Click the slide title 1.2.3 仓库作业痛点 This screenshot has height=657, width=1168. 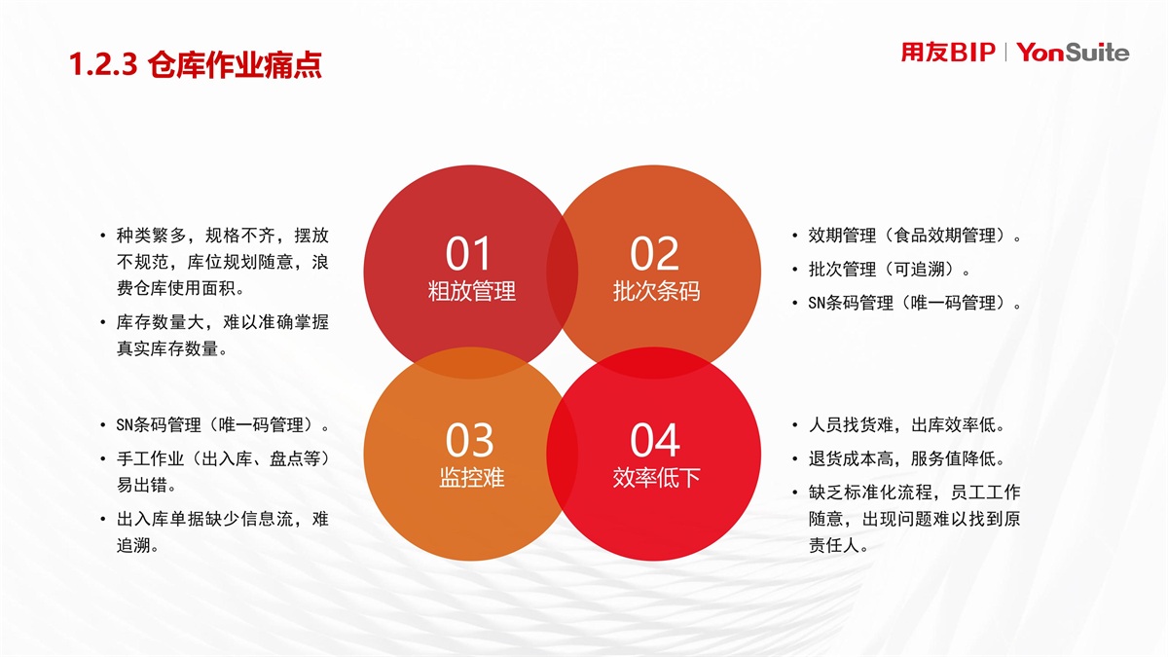pos(196,65)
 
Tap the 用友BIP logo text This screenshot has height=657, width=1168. pos(948,53)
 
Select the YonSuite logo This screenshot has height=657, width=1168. pos(1073,53)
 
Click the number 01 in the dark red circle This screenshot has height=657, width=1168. pos(468,254)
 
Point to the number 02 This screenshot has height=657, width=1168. pos(654,254)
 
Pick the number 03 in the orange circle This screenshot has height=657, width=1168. pos(469,440)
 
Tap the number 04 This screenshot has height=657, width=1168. pos(655,440)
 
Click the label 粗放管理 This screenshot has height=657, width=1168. pos(472,291)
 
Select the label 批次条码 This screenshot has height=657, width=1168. pos(656,291)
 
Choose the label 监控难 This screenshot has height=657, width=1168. pos(472,477)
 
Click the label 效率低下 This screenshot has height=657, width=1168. pos(656,477)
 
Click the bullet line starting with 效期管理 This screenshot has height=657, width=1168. pos(915,236)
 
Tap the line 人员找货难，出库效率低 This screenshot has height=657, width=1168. pos(906,425)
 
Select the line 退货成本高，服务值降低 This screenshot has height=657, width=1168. pos(906,458)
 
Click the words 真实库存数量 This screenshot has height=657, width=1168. pos(171,348)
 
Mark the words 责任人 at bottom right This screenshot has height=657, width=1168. pos(838,545)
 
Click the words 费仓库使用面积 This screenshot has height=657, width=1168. pos(180,288)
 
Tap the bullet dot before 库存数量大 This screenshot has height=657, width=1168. pos(103,323)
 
